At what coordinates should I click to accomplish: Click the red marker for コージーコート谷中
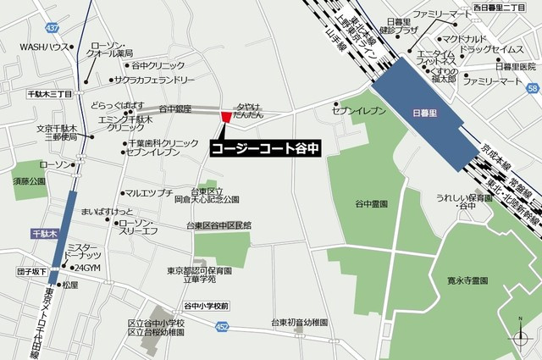pyautogui.click(x=224, y=116)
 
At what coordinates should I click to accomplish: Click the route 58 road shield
pyautogui.click(x=531, y=87)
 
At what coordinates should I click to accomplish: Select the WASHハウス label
pyautogui.click(x=44, y=47)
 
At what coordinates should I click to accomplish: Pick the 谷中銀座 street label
pyautogui.click(x=175, y=109)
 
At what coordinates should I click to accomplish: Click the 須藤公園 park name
pyautogui.click(x=28, y=181)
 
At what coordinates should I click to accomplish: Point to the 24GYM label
pyautogui.click(x=87, y=268)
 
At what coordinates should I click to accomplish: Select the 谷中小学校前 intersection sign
pyautogui.click(x=207, y=305)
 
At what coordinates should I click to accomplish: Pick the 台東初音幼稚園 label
pyautogui.click(x=299, y=323)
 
